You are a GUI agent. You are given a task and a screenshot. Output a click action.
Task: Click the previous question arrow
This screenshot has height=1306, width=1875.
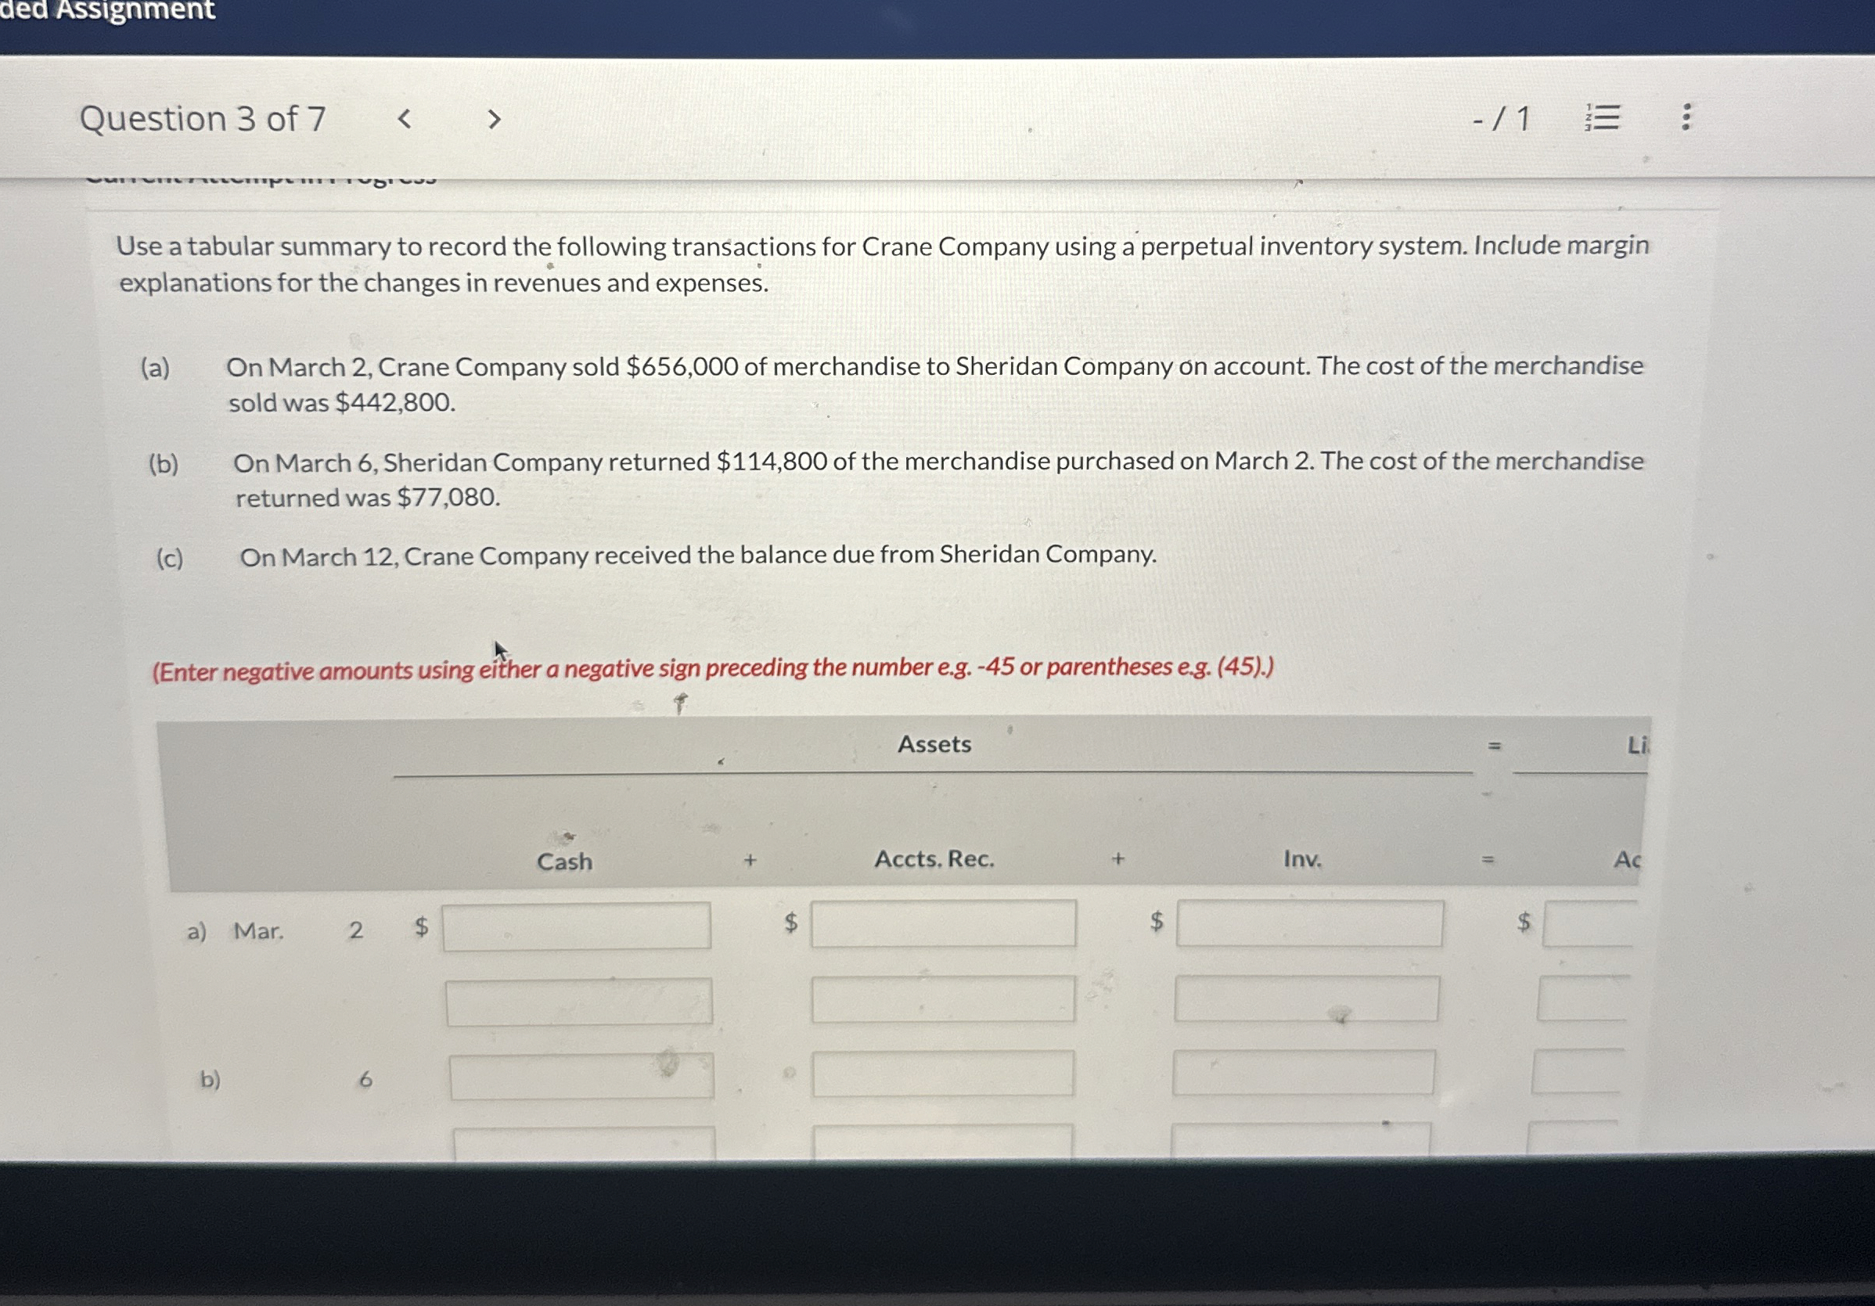click(404, 119)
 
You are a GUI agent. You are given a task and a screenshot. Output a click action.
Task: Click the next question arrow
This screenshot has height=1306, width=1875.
click(493, 119)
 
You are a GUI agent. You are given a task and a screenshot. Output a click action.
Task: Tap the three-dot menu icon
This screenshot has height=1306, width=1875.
click(1686, 117)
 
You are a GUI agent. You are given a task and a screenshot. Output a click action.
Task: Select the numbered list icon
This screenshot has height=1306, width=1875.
click(1602, 117)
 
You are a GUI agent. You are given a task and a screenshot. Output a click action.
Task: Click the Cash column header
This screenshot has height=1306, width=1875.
click(564, 862)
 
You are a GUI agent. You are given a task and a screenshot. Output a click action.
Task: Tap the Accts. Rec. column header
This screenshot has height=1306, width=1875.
click(934, 859)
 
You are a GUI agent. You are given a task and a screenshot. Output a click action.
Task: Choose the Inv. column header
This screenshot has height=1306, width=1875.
click(1301, 859)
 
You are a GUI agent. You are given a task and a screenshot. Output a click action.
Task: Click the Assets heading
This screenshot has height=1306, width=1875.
click(934, 744)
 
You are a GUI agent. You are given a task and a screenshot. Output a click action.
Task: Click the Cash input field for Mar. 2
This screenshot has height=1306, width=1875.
click(577, 926)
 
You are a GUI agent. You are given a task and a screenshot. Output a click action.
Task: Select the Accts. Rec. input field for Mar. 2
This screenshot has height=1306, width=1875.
click(943, 924)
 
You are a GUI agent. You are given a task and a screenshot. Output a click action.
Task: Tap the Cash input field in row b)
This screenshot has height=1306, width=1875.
click(581, 1077)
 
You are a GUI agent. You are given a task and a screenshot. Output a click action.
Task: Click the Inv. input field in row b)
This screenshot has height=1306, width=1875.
click(1304, 1072)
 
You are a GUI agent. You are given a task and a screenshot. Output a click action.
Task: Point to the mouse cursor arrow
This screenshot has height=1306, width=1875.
click(500, 650)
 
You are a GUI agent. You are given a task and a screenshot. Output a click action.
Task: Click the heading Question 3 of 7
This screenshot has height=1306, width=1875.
click(203, 119)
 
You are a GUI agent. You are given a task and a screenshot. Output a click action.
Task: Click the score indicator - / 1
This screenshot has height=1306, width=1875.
click(1501, 119)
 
